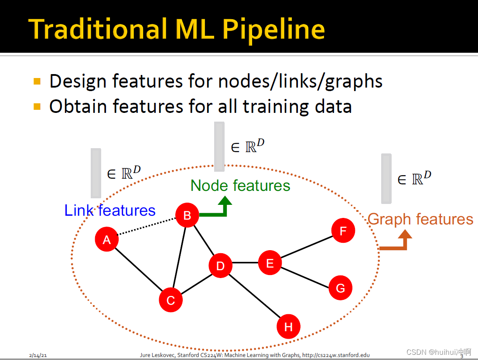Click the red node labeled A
(107, 239)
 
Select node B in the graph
(187, 215)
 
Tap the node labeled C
(171, 300)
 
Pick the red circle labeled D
(220, 266)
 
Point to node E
(270, 263)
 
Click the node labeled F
(343, 231)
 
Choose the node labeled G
(340, 288)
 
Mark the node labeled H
(288, 327)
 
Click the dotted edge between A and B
(147, 227)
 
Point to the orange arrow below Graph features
(399, 242)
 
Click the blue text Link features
(110, 211)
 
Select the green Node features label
(240, 186)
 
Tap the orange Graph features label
(420, 219)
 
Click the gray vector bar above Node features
(219, 146)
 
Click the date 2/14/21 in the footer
(38, 355)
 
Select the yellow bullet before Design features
(37, 81)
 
